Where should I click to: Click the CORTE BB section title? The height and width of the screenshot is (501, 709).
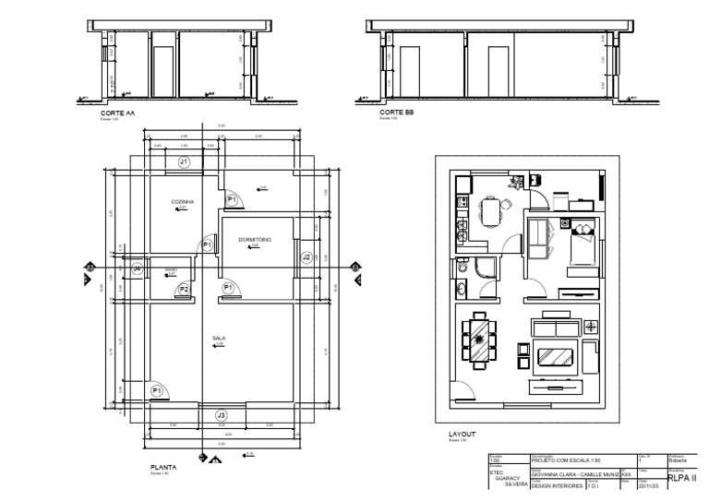point(396,113)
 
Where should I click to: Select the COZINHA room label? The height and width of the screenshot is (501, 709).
point(181,201)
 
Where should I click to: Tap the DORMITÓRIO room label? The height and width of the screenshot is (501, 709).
point(254,240)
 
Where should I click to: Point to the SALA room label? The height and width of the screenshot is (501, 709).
point(220,339)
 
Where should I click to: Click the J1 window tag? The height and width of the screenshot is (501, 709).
point(184,162)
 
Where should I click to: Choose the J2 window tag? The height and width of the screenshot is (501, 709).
point(306,256)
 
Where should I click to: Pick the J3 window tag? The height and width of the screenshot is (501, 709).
point(221,416)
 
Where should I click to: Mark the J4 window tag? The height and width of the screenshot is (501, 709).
point(137,268)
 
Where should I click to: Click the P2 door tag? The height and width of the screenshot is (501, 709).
point(184,290)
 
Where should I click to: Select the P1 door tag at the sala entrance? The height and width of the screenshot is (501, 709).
point(157,391)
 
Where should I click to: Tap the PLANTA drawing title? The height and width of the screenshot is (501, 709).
point(163,468)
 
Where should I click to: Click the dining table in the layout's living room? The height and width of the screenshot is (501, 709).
point(479,340)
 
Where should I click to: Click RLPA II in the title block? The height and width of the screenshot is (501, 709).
point(681,478)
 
